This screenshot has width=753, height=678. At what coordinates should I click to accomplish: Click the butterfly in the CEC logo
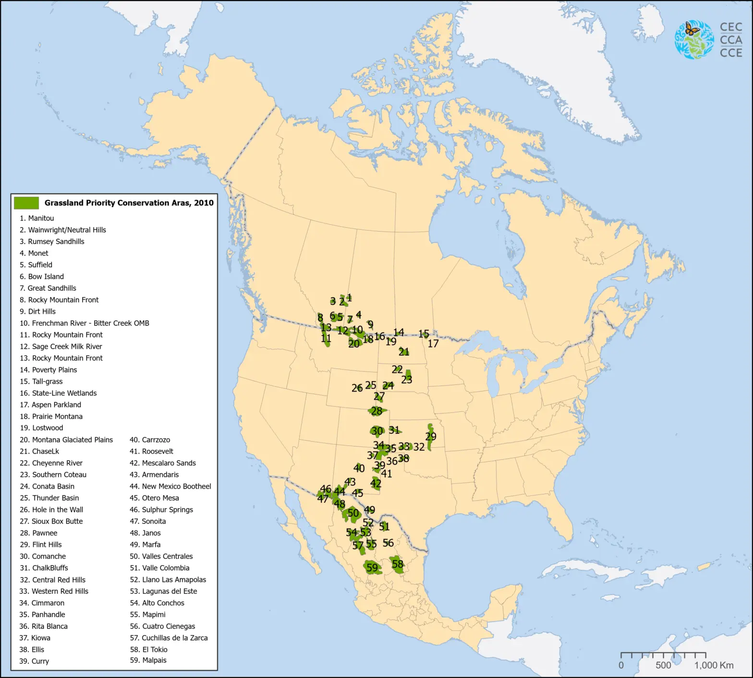pyautogui.click(x=692, y=29)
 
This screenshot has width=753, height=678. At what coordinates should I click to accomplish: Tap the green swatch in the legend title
pyautogui.click(x=26, y=203)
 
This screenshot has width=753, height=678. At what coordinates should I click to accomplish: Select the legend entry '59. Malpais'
pyautogui.click(x=148, y=660)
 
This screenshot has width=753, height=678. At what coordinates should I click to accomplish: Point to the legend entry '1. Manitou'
pyautogui.click(x=36, y=218)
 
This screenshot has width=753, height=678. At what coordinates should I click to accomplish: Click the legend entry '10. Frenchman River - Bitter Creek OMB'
pyautogui.click(x=84, y=323)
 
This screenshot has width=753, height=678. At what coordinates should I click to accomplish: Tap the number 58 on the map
pyautogui.click(x=398, y=564)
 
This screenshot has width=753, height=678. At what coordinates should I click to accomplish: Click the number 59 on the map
pyautogui.click(x=372, y=567)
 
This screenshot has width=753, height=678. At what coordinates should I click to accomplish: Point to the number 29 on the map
pyautogui.click(x=431, y=437)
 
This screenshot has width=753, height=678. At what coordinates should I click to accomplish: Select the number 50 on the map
pyautogui.click(x=353, y=513)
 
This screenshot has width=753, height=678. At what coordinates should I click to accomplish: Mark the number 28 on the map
pyautogui.click(x=377, y=411)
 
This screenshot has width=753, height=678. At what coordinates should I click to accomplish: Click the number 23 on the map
pyautogui.click(x=407, y=380)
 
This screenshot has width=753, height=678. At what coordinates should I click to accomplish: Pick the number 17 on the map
pyautogui.click(x=433, y=344)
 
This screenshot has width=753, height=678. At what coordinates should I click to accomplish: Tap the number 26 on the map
pyautogui.click(x=357, y=388)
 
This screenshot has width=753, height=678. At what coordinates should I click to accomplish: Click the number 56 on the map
pyautogui.click(x=388, y=543)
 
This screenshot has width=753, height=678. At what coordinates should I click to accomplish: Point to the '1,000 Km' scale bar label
pyautogui.click(x=714, y=666)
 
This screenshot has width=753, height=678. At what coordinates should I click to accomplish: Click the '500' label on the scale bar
pyautogui.click(x=663, y=666)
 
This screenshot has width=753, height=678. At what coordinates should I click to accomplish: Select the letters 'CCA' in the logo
pyautogui.click(x=731, y=40)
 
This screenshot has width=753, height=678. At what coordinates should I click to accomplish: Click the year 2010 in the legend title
pyautogui.click(x=204, y=203)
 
